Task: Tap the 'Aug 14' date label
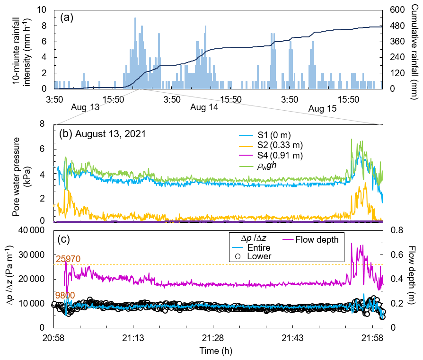[x=204, y=108]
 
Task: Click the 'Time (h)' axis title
[x=216, y=351]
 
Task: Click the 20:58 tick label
[x=53, y=339]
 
